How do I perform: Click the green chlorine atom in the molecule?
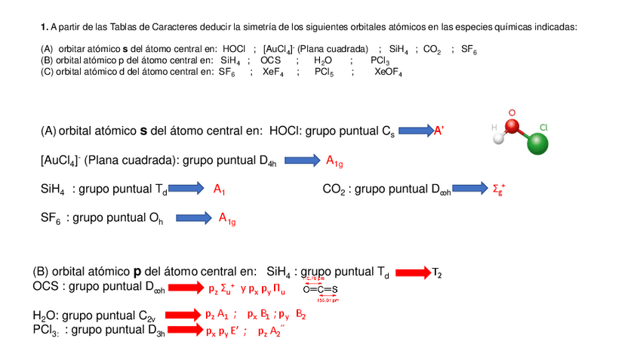click(538, 144)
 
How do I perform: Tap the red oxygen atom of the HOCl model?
click(512, 125)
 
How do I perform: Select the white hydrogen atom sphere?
click(497, 139)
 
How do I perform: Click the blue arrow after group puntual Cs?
click(415, 131)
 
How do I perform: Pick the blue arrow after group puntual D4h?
click(301, 160)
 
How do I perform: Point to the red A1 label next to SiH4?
click(220, 189)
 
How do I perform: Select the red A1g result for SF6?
click(227, 219)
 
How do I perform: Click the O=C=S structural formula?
click(320, 289)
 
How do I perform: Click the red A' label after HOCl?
click(438, 131)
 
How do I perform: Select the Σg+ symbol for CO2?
click(499, 189)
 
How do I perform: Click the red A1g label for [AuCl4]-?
click(334, 160)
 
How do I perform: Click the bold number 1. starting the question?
click(45, 26)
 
